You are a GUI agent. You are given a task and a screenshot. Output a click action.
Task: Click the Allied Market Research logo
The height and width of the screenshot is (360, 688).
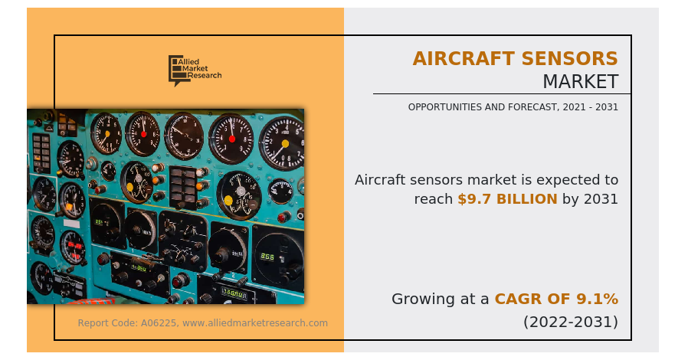click(195, 70)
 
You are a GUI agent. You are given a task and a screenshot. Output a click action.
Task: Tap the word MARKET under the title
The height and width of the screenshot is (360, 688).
click(581, 81)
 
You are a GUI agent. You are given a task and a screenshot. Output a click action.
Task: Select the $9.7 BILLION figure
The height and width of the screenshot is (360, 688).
click(507, 199)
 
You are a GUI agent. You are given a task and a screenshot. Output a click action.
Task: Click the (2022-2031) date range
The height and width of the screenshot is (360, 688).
click(571, 322)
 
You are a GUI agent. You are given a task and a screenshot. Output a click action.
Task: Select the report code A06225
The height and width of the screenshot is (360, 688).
click(159, 323)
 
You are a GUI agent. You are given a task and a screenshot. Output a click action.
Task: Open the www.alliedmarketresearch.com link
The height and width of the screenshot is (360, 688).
click(255, 323)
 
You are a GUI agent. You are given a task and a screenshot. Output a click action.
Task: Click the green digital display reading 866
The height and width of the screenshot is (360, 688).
click(267, 257)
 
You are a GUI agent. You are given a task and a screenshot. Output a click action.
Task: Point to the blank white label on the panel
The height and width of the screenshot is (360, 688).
click(71, 224)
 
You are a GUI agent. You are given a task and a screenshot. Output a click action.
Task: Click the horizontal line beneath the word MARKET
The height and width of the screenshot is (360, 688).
click(502, 94)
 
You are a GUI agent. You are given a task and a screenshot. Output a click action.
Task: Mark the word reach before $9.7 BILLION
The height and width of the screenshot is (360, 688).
click(433, 199)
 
